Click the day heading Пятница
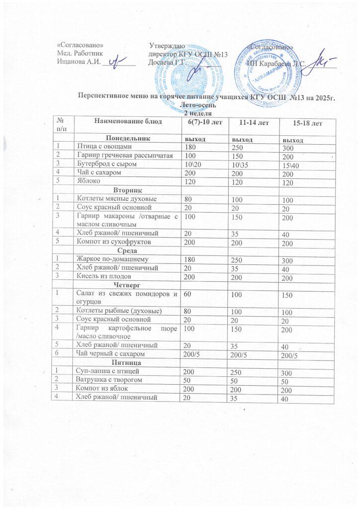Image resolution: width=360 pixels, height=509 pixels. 128,363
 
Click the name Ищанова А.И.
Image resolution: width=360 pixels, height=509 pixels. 80,62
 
